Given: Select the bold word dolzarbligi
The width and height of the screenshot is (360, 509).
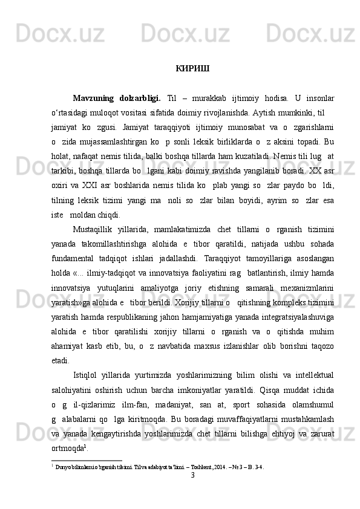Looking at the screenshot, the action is click(140, 98).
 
